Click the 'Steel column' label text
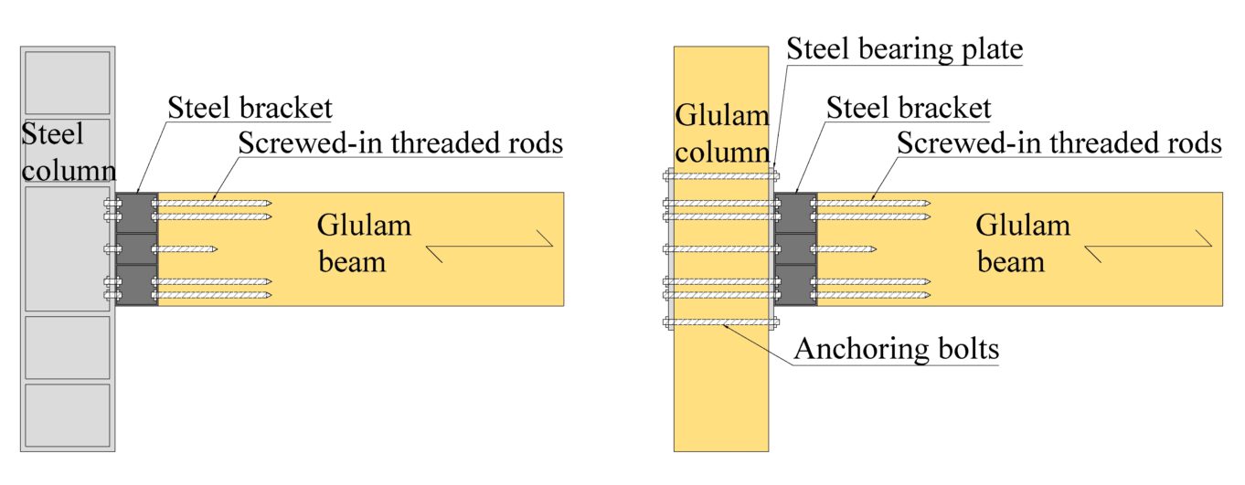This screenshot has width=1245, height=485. click(67, 153)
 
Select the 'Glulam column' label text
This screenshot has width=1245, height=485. click(721, 132)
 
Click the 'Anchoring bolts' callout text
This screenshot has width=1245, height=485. click(895, 349)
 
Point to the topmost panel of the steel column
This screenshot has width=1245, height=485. click(68, 82)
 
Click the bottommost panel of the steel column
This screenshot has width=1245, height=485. click(68, 415)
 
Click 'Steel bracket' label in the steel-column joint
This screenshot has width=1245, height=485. click(250, 108)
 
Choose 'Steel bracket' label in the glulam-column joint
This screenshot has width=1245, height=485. click(909, 108)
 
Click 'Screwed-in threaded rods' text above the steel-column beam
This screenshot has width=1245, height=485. click(399, 142)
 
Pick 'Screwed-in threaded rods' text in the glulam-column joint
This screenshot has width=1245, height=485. click(1059, 142)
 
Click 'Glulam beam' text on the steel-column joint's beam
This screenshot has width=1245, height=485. click(363, 243)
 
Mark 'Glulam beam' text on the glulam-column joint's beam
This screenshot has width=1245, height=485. click(1022, 243)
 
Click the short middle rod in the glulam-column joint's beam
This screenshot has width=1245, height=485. click(846, 248)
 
